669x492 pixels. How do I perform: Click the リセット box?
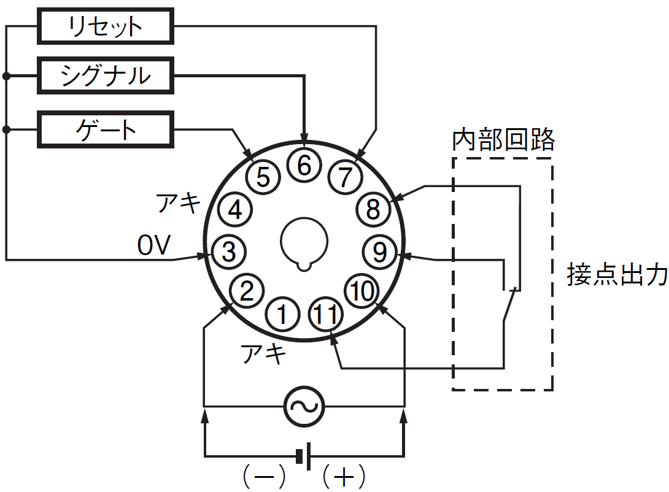pyautogui.click(x=106, y=26)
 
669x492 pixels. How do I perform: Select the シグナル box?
pyautogui.click(x=106, y=75)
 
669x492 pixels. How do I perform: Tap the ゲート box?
pyautogui.click(x=106, y=129)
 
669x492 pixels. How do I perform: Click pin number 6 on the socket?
pyautogui.click(x=304, y=166)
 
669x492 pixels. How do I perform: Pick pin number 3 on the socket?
pyautogui.click(x=229, y=252)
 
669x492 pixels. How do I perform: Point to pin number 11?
pyautogui.click(x=325, y=314)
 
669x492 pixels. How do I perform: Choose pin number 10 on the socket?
pyautogui.click(x=362, y=291)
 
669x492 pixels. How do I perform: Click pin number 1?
pyautogui.click(x=282, y=315)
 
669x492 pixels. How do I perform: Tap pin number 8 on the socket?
pyautogui.click(x=373, y=209)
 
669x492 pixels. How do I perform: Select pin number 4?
pyautogui.click(x=235, y=209)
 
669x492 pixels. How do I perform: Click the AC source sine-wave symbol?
pyautogui.click(x=304, y=406)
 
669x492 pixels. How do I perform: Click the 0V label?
pyautogui.click(x=154, y=245)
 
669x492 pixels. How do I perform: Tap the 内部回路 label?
pyautogui.click(x=503, y=139)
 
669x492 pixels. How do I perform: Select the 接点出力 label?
pyautogui.click(x=617, y=274)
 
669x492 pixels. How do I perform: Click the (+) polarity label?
pyautogui.click(x=344, y=476)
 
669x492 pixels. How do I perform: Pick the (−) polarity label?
pyautogui.click(x=264, y=476)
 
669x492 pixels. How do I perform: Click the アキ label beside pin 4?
pyautogui.click(x=179, y=202)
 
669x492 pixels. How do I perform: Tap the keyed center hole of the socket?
pyautogui.click(x=304, y=244)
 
